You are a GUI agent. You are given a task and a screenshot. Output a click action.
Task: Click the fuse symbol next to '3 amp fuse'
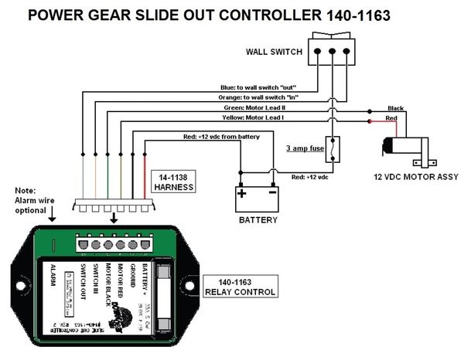pyautogui.click(x=333, y=149)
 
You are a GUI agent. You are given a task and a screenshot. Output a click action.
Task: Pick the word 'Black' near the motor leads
pyautogui.click(x=396, y=108)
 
